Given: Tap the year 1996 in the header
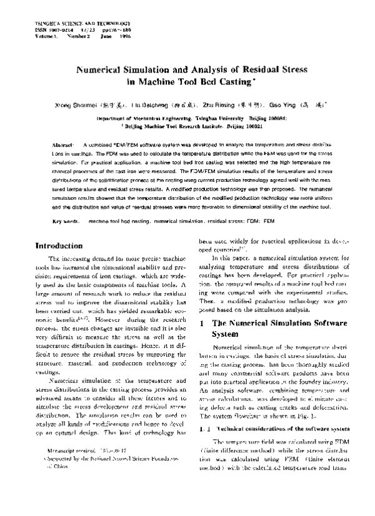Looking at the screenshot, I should pyautogui.click(x=122, y=36).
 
